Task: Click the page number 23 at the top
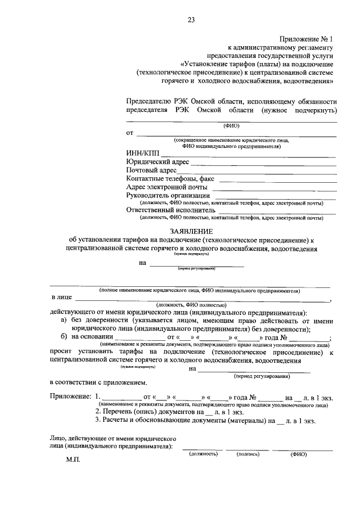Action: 191,21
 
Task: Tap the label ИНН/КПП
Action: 143,154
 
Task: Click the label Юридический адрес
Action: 158,162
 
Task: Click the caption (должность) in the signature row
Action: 203,453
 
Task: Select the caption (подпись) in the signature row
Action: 248,453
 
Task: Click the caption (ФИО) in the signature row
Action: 298,453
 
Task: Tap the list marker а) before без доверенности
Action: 64,320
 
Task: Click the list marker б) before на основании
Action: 64,336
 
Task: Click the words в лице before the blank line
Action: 61,298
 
